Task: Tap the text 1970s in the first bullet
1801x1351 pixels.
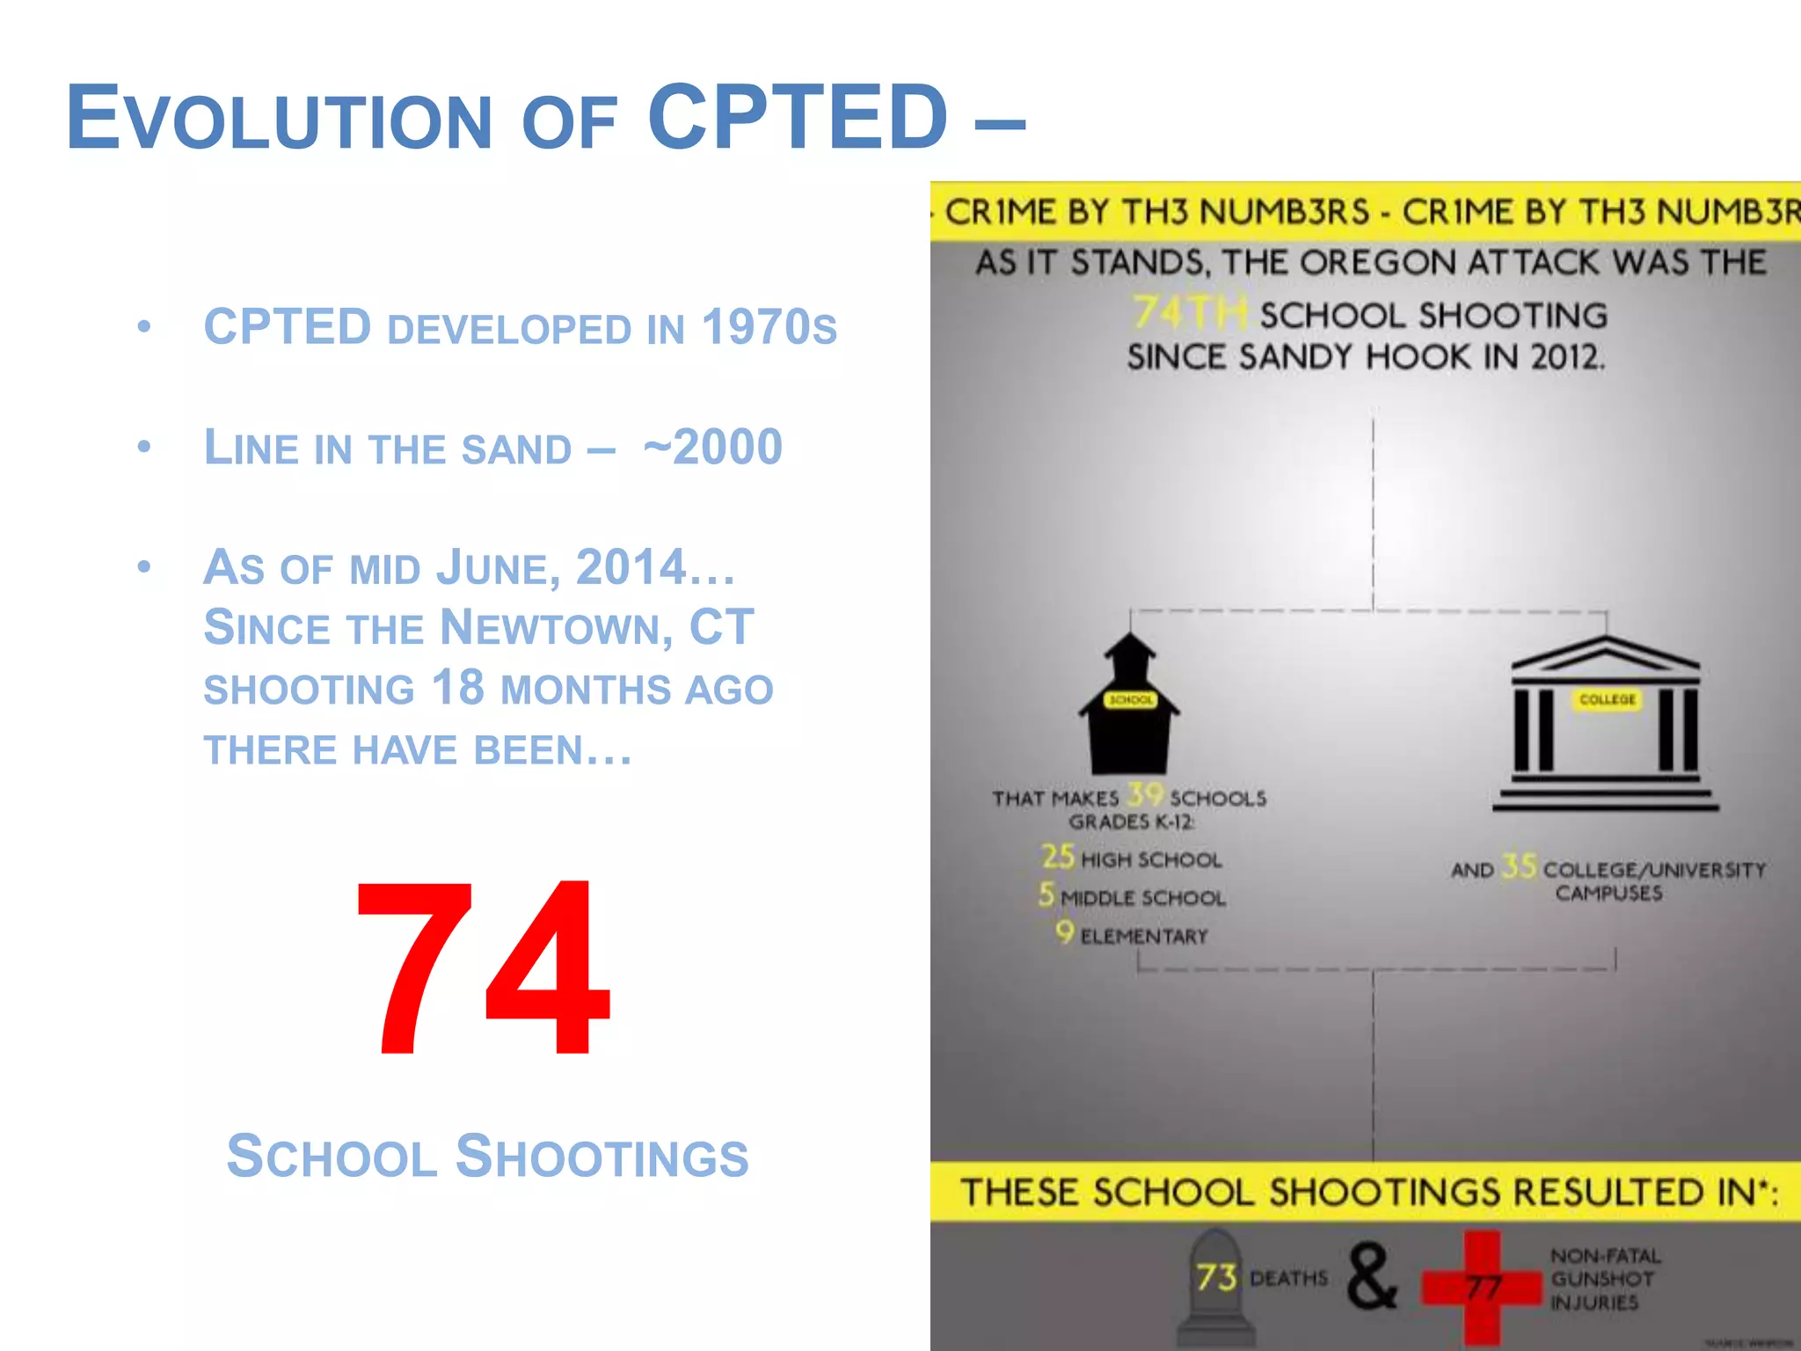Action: tap(769, 327)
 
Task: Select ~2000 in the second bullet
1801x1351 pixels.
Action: tap(712, 447)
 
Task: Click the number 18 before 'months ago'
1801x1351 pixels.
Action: tap(458, 688)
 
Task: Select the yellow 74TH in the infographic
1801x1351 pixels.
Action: tap(1189, 313)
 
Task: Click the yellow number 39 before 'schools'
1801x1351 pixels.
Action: tap(1145, 795)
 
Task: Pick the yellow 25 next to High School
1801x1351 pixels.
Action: tap(1058, 856)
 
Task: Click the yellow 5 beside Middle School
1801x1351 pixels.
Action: tap(1046, 895)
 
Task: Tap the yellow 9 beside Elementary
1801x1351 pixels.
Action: tap(1064, 931)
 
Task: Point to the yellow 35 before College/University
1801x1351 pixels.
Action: tap(1519, 866)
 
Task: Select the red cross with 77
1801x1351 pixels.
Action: tap(1483, 1287)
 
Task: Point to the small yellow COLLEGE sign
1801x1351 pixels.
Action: tap(1607, 699)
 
